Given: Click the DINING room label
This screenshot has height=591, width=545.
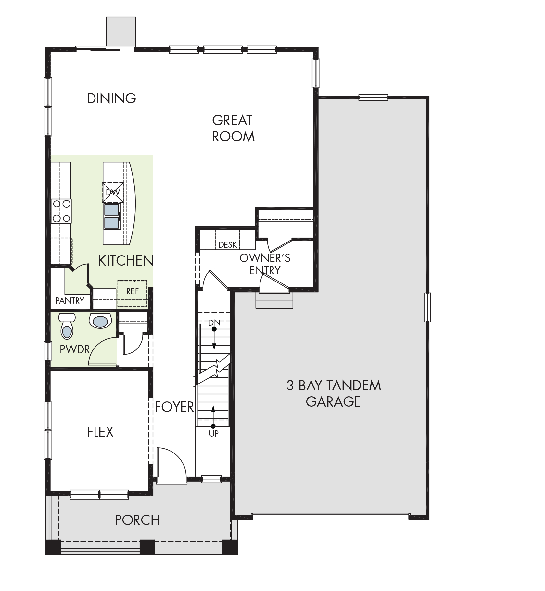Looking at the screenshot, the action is [111, 98].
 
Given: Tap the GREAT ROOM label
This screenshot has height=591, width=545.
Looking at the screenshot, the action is [233, 128].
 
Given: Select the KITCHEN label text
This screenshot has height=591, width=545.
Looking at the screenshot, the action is [126, 261].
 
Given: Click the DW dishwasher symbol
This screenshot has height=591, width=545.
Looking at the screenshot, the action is [113, 192].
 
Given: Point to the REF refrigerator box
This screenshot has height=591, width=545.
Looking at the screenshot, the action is [133, 293].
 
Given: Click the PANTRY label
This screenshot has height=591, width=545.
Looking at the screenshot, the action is [70, 301].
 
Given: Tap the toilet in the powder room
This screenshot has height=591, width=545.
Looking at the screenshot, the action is [67, 326].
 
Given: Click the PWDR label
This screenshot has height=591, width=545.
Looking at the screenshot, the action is [75, 349].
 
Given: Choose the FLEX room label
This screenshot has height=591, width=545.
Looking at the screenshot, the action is [100, 432].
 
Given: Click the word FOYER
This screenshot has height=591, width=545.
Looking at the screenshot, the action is [174, 407].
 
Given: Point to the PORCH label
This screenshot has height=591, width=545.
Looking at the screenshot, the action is [137, 520].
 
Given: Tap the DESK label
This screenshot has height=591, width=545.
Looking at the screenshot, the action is [228, 244].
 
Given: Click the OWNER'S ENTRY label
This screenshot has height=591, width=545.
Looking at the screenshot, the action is [265, 264].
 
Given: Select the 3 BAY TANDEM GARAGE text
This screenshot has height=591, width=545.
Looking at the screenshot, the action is [334, 394].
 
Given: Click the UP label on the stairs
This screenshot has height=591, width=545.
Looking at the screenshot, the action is [214, 434].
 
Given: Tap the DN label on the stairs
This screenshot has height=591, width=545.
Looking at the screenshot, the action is [214, 323].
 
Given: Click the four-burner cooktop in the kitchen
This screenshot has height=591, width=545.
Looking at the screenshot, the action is [61, 211].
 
